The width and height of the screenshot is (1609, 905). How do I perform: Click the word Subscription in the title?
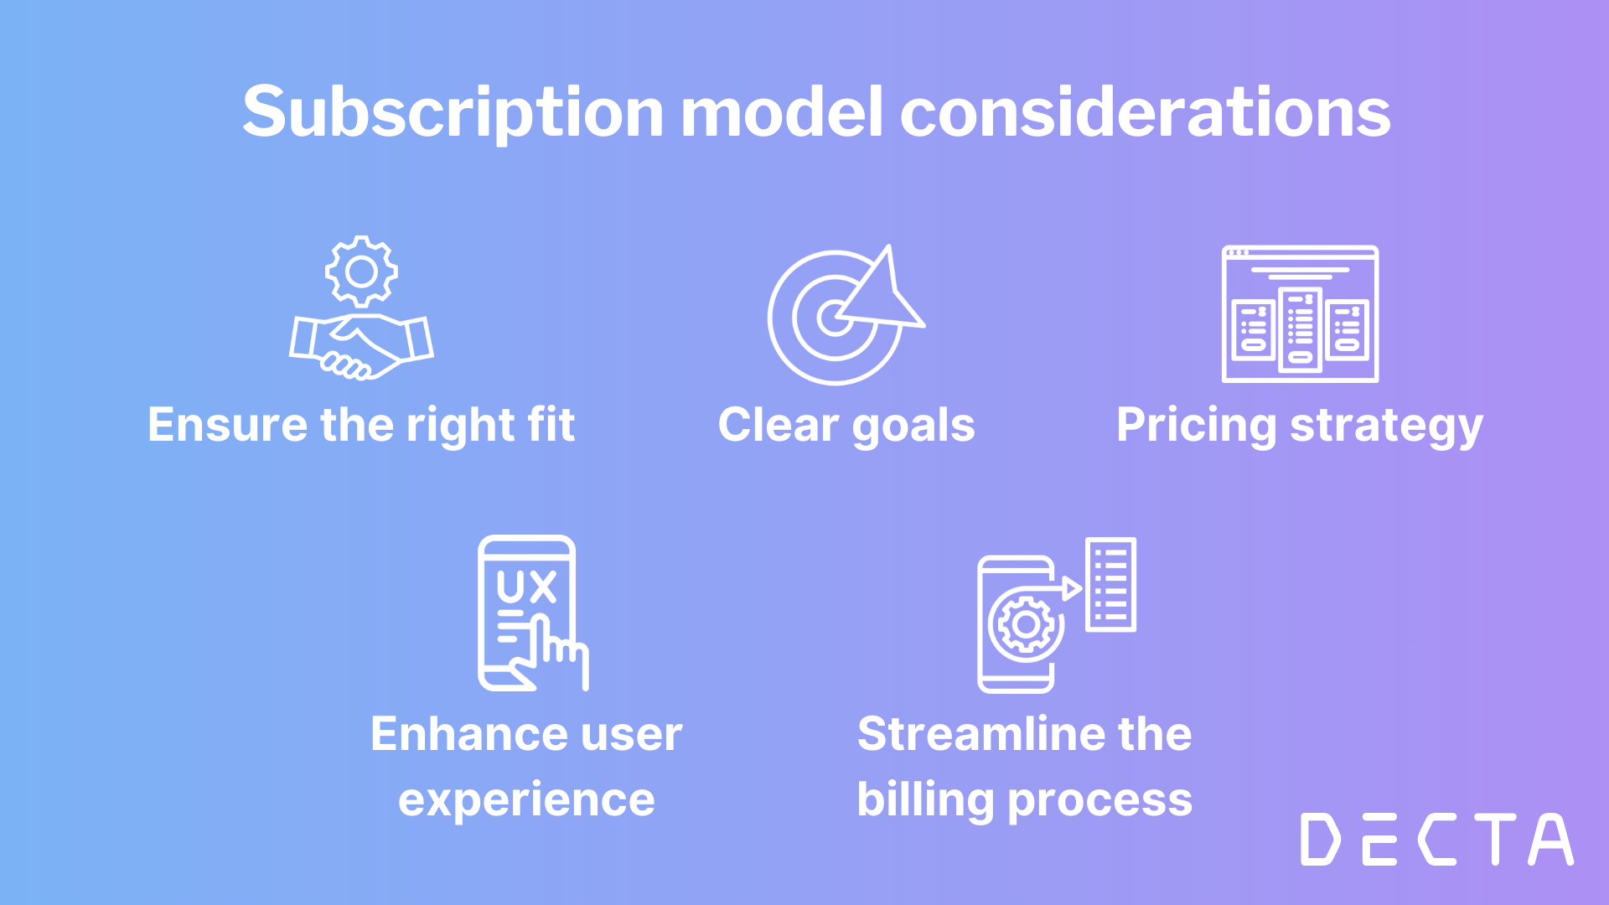(x=453, y=113)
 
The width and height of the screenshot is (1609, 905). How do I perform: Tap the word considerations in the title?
(x=1145, y=113)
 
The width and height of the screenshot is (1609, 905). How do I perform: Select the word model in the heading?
(x=781, y=113)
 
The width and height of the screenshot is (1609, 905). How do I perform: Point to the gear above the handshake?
(x=361, y=271)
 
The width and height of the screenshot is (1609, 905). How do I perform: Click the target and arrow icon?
(x=842, y=316)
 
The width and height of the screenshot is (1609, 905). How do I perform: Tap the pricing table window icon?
(x=1300, y=314)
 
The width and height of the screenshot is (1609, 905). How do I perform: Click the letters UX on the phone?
(x=526, y=587)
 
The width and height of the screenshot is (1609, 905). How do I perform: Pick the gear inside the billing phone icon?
(x=1026, y=624)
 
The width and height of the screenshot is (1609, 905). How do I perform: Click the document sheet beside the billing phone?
(x=1110, y=584)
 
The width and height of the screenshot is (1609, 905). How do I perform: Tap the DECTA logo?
(x=1436, y=839)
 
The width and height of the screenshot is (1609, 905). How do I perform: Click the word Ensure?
(x=228, y=425)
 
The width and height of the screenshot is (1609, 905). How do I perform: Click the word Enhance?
(x=457, y=735)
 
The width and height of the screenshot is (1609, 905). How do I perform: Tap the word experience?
(x=526, y=800)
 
